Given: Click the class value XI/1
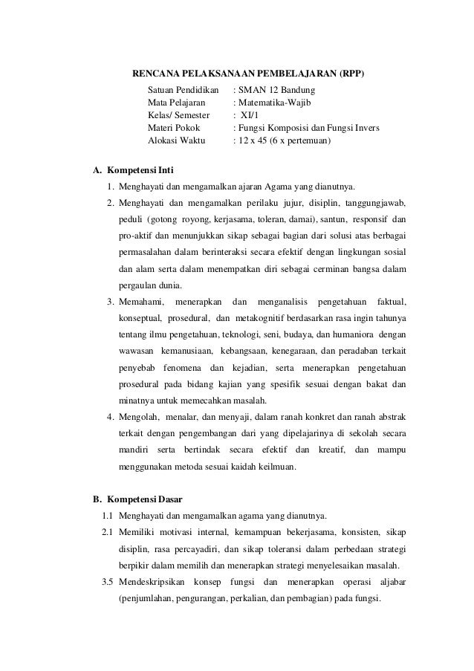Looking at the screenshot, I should (x=248, y=115).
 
